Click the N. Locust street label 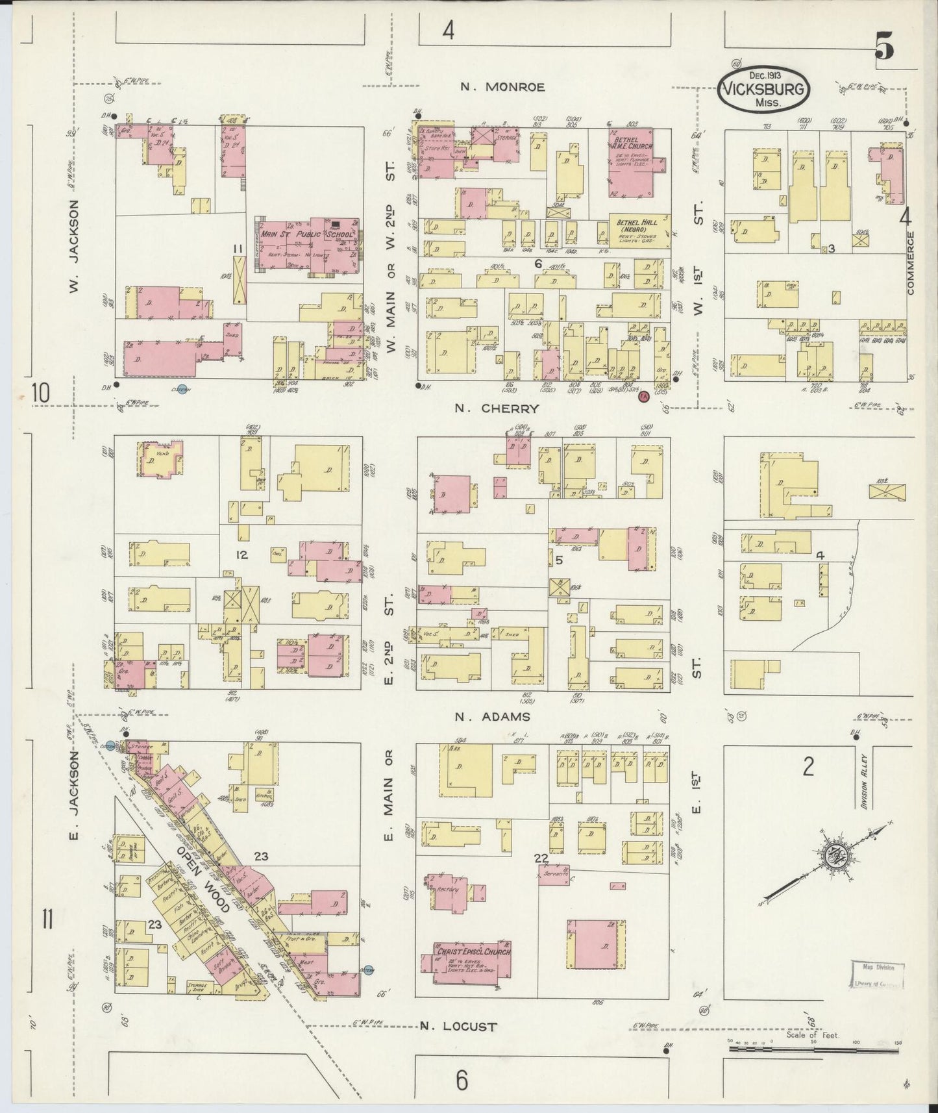click(x=458, y=1027)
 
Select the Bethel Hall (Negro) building click(x=640, y=231)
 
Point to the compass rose click(x=832, y=857)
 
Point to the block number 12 click(x=242, y=555)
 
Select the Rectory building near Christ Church click(x=450, y=890)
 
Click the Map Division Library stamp click(x=878, y=974)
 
